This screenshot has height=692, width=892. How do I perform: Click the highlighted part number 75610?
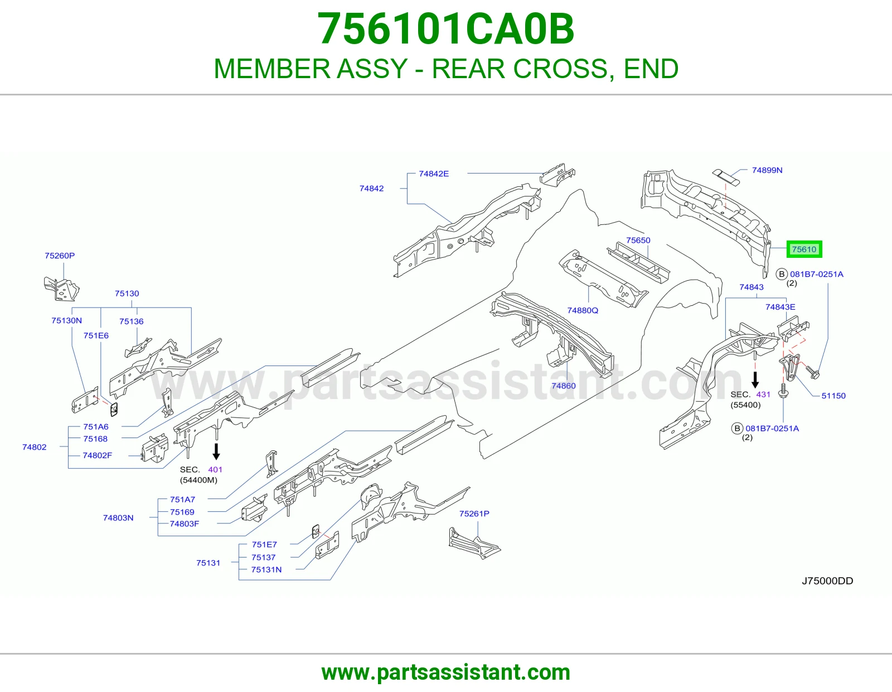[x=804, y=249]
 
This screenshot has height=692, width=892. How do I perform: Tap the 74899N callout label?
[x=767, y=170]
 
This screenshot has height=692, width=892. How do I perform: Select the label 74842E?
[x=434, y=174]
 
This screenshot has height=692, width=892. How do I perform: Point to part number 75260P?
[x=60, y=256]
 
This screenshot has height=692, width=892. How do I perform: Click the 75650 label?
[x=638, y=241]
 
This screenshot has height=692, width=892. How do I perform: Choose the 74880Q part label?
[x=583, y=310]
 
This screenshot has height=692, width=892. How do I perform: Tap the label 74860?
[x=563, y=386]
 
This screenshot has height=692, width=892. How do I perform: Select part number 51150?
[x=833, y=396]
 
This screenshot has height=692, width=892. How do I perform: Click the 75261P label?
[x=474, y=513]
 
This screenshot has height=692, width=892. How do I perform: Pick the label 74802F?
[x=98, y=455]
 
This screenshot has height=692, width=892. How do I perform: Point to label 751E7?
[x=264, y=545]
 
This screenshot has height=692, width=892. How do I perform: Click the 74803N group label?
[x=118, y=518]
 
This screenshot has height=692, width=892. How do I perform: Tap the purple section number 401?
[x=215, y=469]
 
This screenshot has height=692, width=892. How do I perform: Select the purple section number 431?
[x=763, y=395]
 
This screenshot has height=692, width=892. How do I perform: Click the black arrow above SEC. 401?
[x=216, y=451]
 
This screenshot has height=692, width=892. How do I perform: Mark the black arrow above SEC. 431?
[x=755, y=380]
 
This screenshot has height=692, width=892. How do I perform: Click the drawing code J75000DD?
[x=827, y=580]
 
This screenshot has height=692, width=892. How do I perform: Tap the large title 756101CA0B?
[x=446, y=29]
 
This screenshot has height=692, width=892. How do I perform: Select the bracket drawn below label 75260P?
[x=61, y=289]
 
